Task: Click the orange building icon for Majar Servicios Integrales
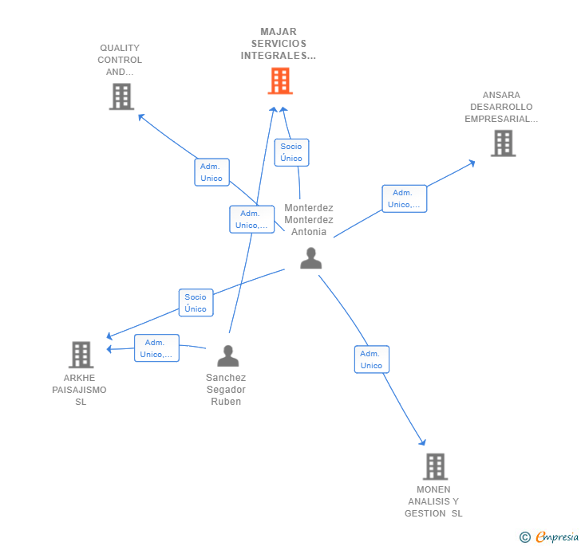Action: pos(280,81)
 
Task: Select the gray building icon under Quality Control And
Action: pos(121,96)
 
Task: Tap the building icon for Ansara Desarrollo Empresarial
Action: pos(503,143)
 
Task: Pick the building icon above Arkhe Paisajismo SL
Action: pos(81,355)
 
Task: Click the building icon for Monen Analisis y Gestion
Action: pos(435,466)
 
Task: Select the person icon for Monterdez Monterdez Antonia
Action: pos(310,258)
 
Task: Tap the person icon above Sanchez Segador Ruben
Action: pos(228,356)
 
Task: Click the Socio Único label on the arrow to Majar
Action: pos(291,152)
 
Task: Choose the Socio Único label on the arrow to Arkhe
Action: pos(196,303)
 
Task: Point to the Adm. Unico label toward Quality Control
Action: pos(211,172)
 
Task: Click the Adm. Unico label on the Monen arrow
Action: pos(371,359)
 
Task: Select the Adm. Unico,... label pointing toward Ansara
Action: pos(404,198)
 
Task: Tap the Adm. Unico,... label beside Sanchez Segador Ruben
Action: pos(156,348)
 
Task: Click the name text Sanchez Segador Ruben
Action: pos(226,390)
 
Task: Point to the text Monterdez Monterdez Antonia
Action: pos(309,220)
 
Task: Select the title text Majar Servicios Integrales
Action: pos(279,44)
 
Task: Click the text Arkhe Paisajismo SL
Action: pos(80,390)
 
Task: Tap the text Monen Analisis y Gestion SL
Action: pos(433,501)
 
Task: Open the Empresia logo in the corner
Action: pos(557,537)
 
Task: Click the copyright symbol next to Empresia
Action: pos(525,537)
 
